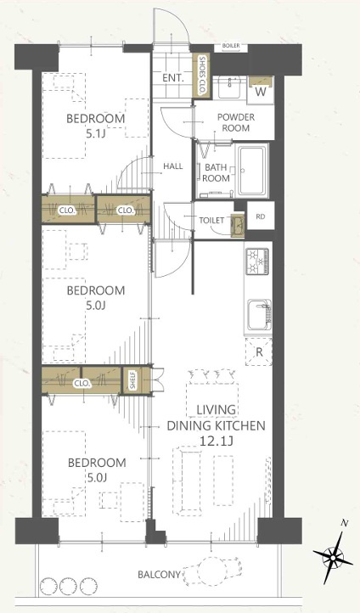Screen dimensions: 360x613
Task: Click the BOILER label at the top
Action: (x=231, y=46)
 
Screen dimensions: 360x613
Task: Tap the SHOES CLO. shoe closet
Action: (x=202, y=76)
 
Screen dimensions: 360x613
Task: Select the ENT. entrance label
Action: (x=173, y=78)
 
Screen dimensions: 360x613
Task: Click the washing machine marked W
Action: (x=261, y=91)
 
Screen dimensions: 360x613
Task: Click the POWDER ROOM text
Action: (x=236, y=122)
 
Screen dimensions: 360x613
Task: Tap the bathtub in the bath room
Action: (x=254, y=171)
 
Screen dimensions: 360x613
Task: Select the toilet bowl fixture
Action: (x=238, y=226)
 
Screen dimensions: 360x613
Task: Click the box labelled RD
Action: (x=261, y=216)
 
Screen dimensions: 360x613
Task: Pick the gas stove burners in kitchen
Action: (x=257, y=261)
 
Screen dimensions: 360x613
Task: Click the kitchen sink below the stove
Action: (x=260, y=315)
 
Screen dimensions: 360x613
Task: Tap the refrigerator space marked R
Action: (x=259, y=351)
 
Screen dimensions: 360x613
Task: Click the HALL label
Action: (x=173, y=166)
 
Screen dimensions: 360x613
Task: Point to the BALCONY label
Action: (x=159, y=575)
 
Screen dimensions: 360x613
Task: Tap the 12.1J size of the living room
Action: (x=217, y=441)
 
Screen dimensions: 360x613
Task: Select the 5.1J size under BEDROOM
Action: (x=96, y=133)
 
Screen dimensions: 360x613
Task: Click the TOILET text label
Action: (x=212, y=221)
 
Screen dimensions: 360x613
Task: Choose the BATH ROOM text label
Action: (x=216, y=173)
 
